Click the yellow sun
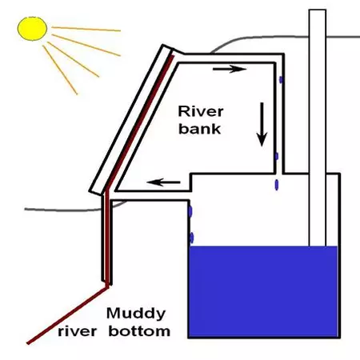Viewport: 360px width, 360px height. click(x=33, y=29)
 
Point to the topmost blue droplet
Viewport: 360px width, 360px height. click(x=281, y=81)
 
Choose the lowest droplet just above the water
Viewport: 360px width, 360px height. click(x=192, y=237)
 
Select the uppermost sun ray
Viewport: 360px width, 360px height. click(x=88, y=30)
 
